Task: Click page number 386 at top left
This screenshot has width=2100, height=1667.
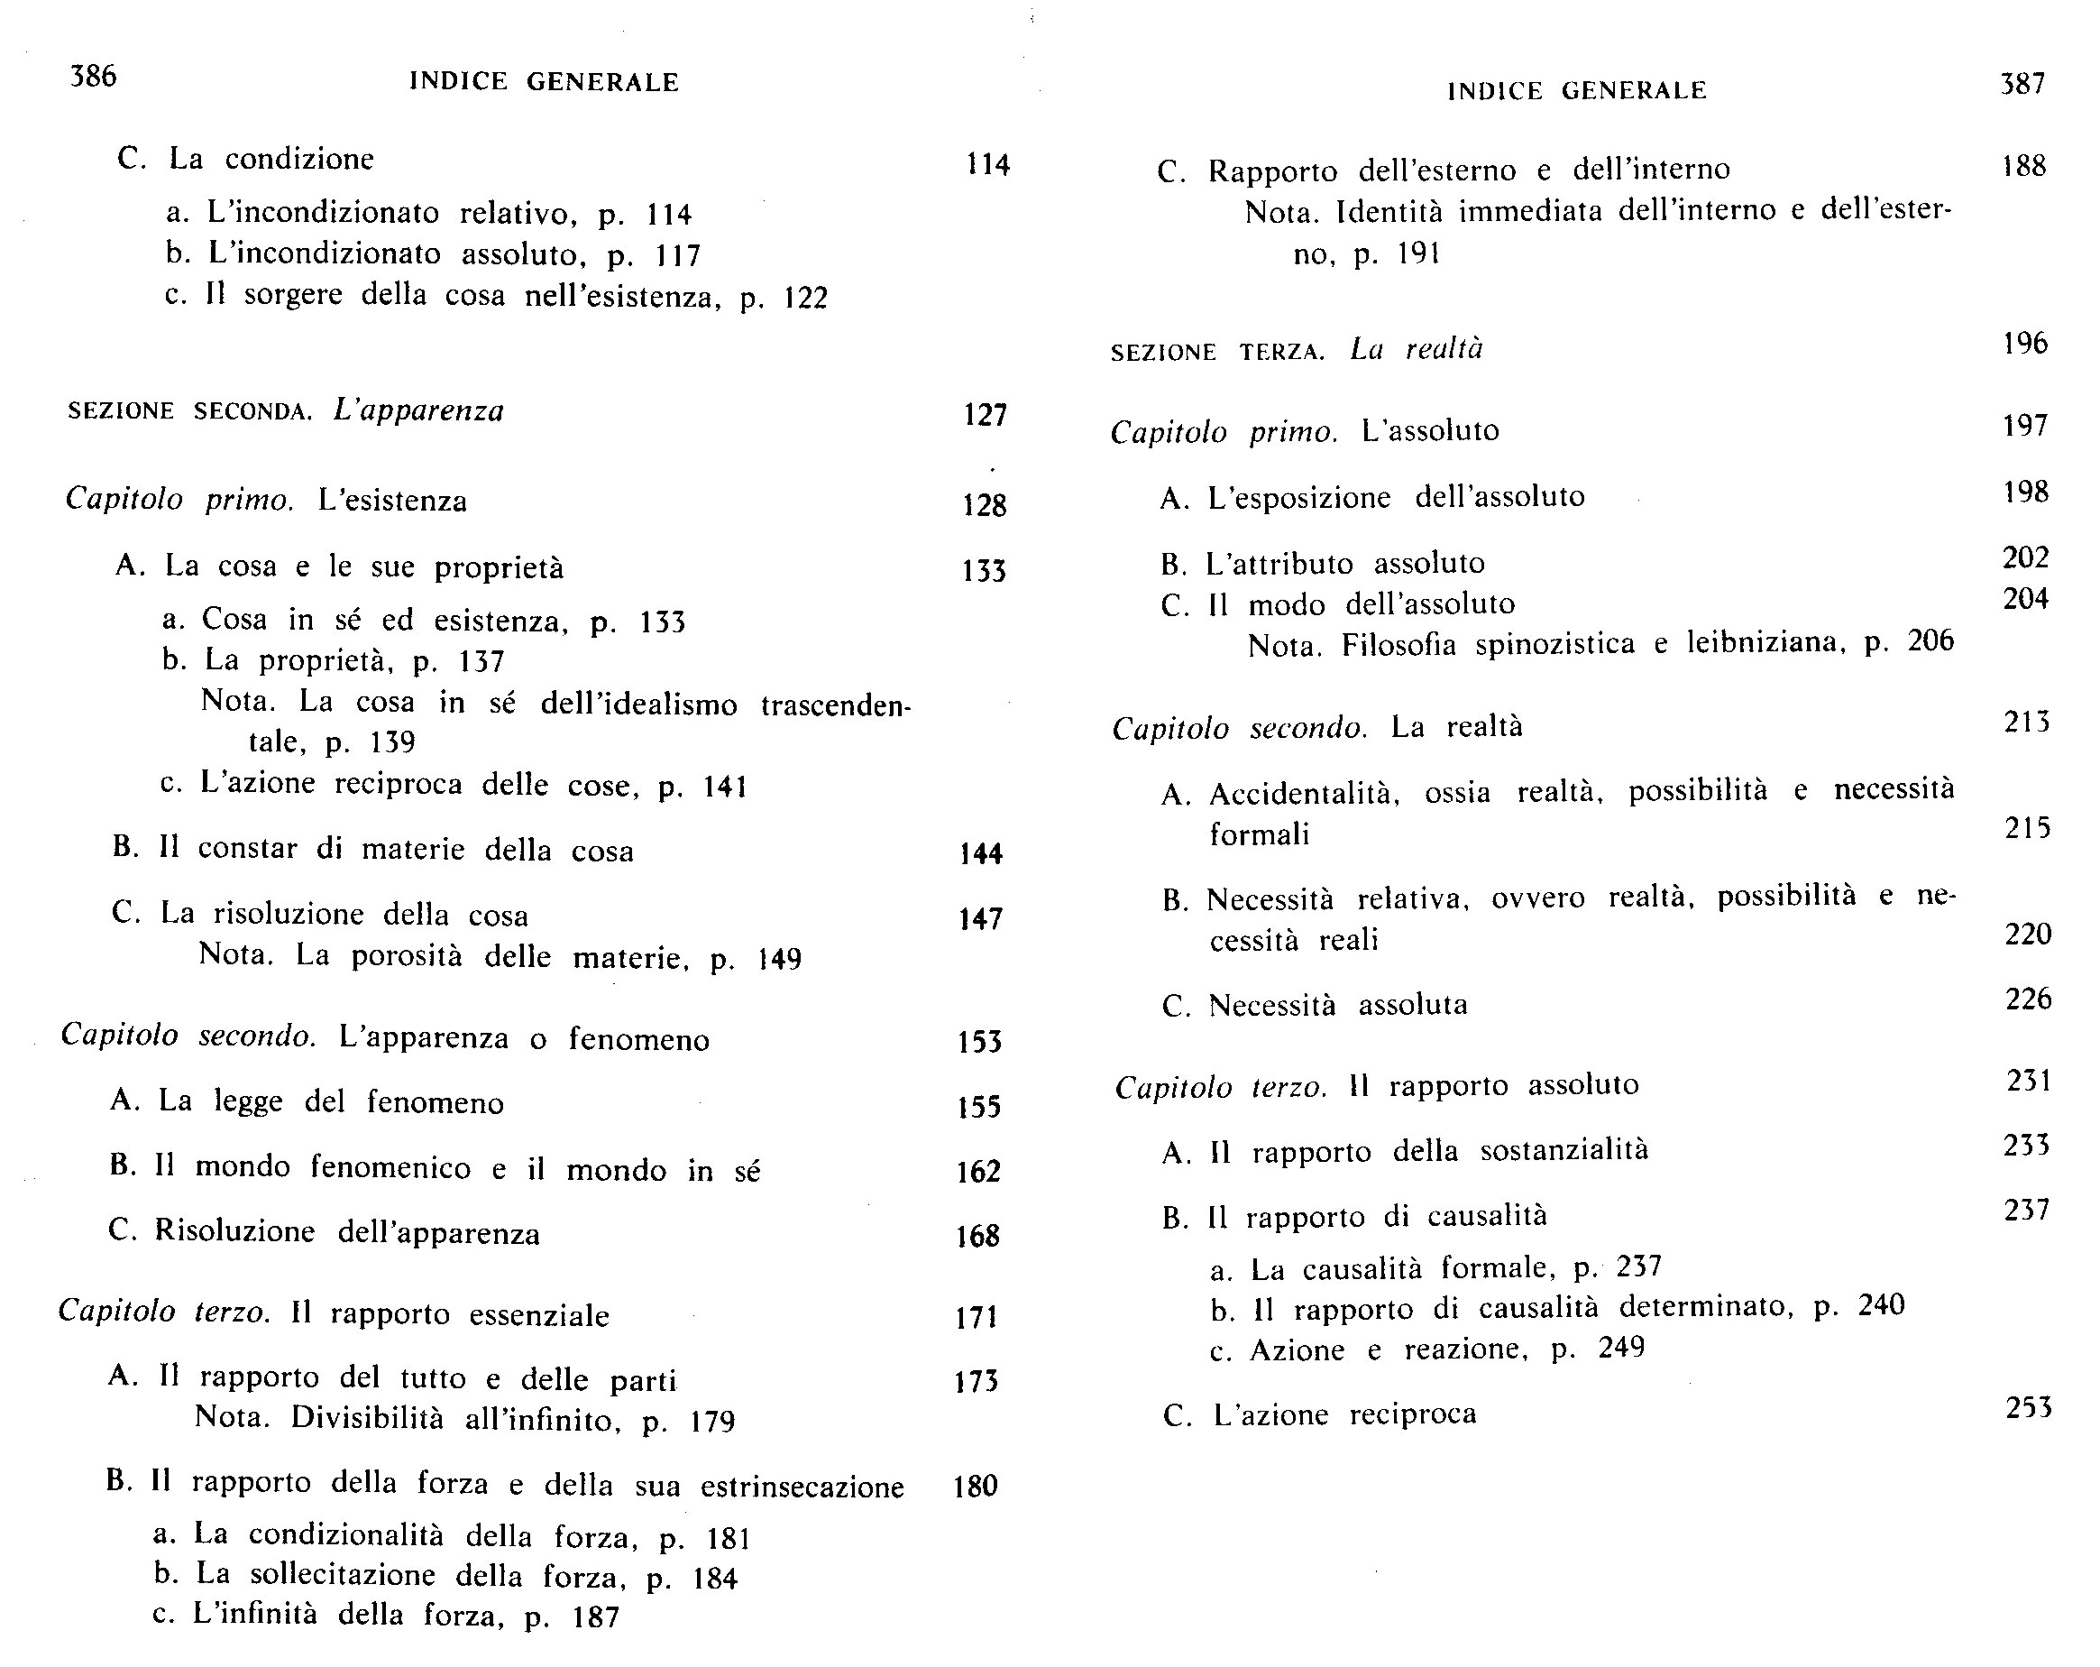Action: [x=94, y=75]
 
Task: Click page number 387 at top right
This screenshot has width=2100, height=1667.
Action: [x=2022, y=84]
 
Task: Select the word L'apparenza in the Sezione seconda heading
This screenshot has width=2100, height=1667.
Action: [x=419, y=410]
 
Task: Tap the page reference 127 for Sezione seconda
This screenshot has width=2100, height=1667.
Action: [x=985, y=415]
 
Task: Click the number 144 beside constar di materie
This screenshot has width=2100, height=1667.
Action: [x=981, y=853]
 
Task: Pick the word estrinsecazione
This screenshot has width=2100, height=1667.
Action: [x=802, y=1487]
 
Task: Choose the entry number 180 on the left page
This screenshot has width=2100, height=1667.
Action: [x=976, y=1486]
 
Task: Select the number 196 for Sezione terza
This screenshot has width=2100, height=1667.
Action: [x=2025, y=343]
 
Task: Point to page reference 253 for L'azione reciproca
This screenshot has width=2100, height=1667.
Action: [x=2029, y=1407]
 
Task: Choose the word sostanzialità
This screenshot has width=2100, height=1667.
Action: [x=1564, y=1151]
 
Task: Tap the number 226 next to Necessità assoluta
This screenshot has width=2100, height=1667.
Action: [x=2029, y=999]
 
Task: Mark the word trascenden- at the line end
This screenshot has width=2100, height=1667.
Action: [x=836, y=705]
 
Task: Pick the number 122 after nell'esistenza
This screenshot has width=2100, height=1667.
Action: [x=805, y=297]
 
